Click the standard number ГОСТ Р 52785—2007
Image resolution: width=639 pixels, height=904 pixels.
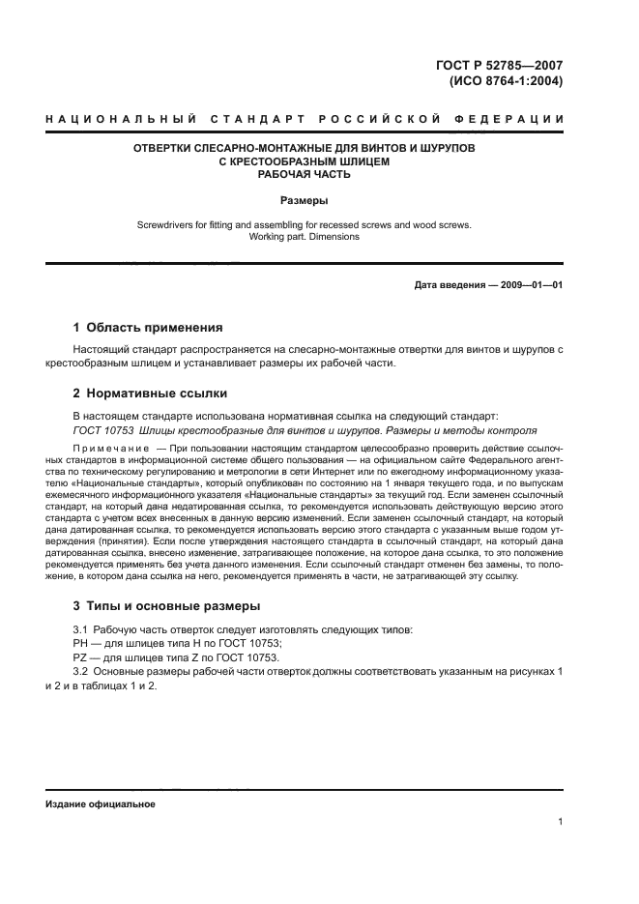click(501, 65)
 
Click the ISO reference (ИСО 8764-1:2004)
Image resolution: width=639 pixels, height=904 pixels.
click(506, 81)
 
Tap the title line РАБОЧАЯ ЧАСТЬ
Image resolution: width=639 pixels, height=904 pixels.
click(304, 175)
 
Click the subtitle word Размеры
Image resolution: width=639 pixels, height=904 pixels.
click(304, 201)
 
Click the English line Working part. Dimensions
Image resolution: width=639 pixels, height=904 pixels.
click(304, 236)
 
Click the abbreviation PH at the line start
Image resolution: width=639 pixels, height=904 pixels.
click(81, 643)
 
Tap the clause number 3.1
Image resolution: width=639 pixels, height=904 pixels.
click(82, 630)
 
